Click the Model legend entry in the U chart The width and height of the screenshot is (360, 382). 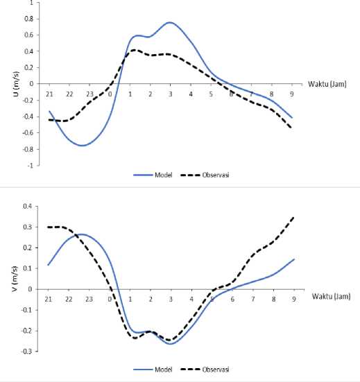tap(153, 175)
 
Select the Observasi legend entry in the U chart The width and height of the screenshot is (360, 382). tap(205, 175)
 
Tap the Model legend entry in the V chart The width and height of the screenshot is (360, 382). tap(153, 370)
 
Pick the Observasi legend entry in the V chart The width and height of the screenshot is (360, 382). tap(205, 370)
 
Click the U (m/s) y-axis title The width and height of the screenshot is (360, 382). tap(16, 84)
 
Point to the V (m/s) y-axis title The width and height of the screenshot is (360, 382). tap(15, 279)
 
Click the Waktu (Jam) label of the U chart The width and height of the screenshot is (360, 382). tap(327, 84)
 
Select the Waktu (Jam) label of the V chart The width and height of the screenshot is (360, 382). tap(332, 296)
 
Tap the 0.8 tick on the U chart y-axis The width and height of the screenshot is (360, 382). tap(28, 19)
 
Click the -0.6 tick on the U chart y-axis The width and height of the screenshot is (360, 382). tap(28, 133)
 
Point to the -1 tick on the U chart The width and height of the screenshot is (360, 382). tap(31, 166)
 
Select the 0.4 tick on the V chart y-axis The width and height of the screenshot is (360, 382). tap(27, 206)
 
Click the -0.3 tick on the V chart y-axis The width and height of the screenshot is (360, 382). tap(26, 351)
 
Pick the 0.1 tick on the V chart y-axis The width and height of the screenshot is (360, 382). tap(27, 268)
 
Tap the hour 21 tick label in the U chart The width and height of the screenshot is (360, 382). tap(49, 94)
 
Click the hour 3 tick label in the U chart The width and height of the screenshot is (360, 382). tap(171, 94)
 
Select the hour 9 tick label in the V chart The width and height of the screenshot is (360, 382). tap(294, 299)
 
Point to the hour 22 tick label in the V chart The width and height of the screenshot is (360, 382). tap(69, 299)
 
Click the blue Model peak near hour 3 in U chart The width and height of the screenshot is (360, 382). tap(170, 23)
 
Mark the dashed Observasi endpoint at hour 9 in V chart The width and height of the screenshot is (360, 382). tap(293, 217)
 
